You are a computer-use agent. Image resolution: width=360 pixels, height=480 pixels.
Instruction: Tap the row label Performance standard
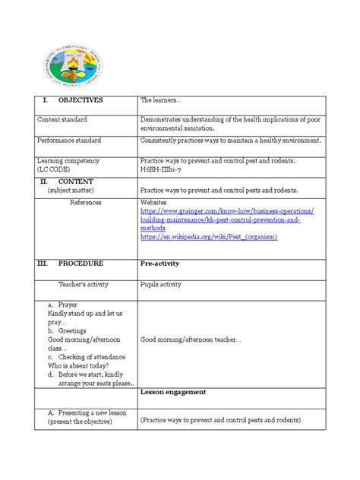(x=75, y=141)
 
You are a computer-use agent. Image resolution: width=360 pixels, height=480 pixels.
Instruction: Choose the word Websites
(x=156, y=203)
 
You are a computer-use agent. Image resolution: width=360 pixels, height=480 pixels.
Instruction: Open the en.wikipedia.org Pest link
(x=209, y=237)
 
